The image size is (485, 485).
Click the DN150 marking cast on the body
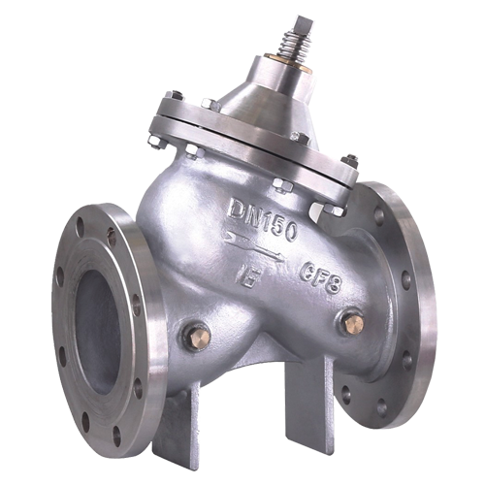click(262, 219)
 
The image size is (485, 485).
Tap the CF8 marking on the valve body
click(320, 277)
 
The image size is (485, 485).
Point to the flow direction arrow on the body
click(254, 246)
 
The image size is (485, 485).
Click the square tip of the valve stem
click(304, 25)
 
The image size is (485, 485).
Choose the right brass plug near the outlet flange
click(354, 322)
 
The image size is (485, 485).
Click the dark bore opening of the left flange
click(98, 333)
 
